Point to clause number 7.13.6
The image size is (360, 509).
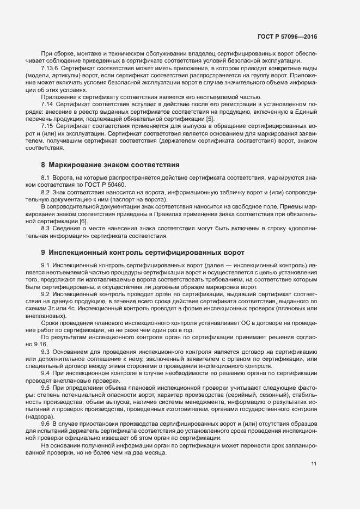[50, 70]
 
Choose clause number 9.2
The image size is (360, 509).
[45, 293]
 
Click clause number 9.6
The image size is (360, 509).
[45, 424]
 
